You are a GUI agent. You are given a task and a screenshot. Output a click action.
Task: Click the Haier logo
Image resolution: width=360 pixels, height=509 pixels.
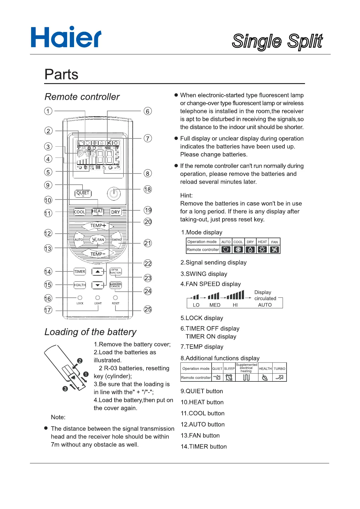(x=66, y=37)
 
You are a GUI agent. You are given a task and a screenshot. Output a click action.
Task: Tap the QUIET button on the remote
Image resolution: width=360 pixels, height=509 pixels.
(x=83, y=193)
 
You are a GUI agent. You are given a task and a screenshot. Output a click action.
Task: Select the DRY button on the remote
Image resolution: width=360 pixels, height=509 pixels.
(x=115, y=212)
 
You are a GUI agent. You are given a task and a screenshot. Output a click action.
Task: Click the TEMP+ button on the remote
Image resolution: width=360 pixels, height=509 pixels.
(x=98, y=225)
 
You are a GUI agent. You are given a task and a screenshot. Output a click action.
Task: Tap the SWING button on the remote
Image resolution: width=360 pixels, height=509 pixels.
(x=117, y=240)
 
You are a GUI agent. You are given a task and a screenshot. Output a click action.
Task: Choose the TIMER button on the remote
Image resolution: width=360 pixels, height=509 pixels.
(x=80, y=271)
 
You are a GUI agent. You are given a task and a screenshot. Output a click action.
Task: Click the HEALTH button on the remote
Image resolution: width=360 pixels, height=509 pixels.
(x=80, y=285)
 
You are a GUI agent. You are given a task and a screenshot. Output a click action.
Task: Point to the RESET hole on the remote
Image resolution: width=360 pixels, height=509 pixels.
(x=115, y=298)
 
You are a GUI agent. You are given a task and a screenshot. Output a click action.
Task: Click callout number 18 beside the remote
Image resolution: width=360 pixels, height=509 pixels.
(x=148, y=190)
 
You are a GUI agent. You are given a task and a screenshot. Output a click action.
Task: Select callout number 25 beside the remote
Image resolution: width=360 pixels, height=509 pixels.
(x=148, y=310)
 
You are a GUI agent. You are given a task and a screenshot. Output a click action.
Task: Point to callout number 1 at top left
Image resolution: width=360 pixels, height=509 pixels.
(x=48, y=111)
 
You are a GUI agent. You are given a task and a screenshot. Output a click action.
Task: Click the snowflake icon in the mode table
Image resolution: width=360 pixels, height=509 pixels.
(x=238, y=249)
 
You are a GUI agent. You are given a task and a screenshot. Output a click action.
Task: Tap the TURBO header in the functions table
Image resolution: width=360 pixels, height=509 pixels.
(x=279, y=368)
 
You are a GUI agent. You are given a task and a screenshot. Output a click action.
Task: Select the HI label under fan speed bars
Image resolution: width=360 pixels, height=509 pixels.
(x=235, y=305)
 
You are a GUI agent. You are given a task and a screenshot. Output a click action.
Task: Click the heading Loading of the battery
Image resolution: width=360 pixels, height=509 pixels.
(x=90, y=332)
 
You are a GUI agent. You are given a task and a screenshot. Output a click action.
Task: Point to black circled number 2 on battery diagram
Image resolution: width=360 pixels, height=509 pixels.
(x=80, y=361)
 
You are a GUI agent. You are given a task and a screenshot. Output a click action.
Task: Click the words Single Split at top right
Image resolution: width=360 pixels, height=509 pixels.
(x=277, y=41)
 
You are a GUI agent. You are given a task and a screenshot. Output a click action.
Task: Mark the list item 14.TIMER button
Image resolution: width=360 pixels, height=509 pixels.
(x=203, y=446)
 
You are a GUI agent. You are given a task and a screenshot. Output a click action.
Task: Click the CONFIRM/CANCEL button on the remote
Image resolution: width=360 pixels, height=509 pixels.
(x=115, y=285)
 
